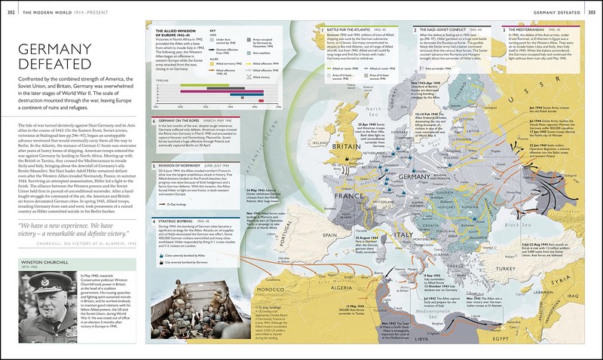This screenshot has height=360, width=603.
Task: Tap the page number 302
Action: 8,5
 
